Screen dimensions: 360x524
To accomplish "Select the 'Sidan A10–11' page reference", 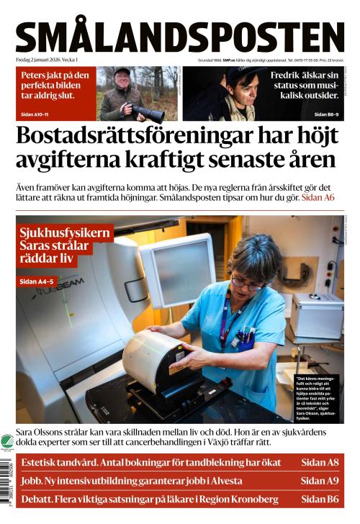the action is [40, 114].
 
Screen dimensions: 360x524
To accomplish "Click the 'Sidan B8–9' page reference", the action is [328, 114].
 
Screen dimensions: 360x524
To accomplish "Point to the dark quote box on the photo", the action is [318, 396].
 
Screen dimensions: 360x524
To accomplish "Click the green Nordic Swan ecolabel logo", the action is [7, 443].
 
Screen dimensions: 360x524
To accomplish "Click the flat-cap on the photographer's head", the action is [122, 72].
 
